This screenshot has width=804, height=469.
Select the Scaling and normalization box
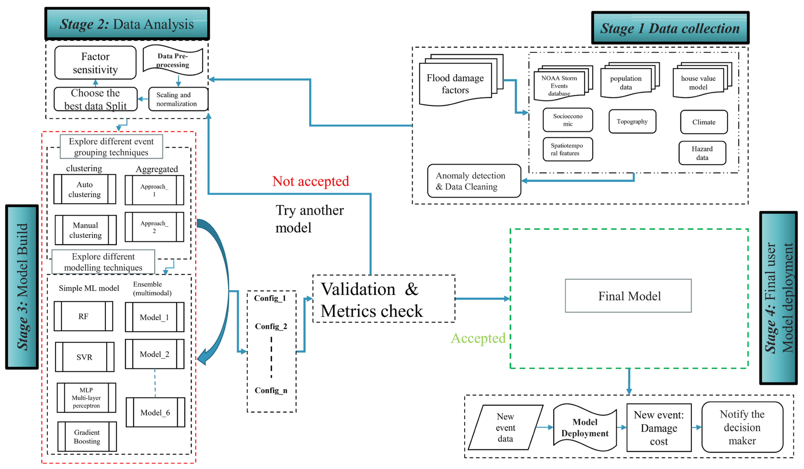pos(178,99)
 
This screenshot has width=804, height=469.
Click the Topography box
pos(632,121)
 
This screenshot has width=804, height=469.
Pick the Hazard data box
pos(702,153)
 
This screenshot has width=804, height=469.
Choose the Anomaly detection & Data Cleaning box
pos(474,181)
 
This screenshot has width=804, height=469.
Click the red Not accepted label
pos(310,181)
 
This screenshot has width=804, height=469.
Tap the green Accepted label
pos(478,338)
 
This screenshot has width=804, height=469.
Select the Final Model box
pos(628,296)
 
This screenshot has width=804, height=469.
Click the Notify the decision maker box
pos(742,427)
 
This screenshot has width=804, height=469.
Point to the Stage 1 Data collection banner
pos(670,28)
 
